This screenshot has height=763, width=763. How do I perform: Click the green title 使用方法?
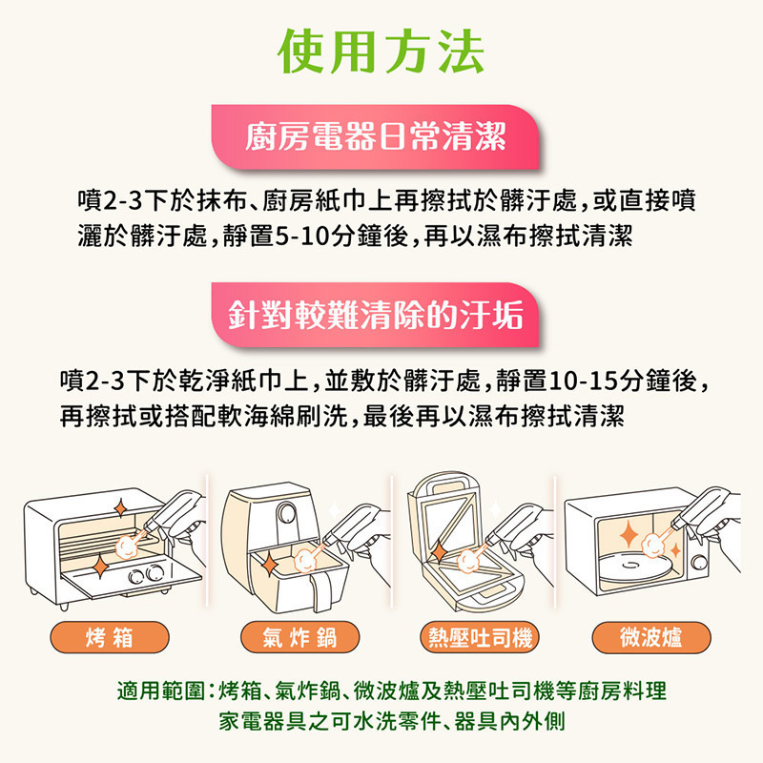[x=381, y=51]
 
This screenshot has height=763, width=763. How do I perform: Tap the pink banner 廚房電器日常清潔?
[x=375, y=136]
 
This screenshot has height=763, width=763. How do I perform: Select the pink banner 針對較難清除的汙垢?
[x=375, y=315]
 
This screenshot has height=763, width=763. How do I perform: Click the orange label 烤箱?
[x=110, y=637]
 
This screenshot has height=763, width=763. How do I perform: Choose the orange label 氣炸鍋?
[x=299, y=637]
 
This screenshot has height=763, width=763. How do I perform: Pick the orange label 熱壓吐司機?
[x=480, y=637]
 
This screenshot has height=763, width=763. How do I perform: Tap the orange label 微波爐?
[x=651, y=637]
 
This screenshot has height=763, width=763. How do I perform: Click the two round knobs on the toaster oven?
[x=146, y=574]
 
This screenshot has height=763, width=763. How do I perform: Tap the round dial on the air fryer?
[x=286, y=513]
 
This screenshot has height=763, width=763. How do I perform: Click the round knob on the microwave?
[x=699, y=563]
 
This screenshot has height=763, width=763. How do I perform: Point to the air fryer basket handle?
[x=321, y=592]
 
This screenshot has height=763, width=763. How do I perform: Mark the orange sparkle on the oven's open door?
[x=101, y=566]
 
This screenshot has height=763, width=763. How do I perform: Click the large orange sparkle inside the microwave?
[x=629, y=534]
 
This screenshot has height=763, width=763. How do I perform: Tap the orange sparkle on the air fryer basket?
[x=268, y=565]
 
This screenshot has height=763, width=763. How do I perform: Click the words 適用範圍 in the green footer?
[x=160, y=691]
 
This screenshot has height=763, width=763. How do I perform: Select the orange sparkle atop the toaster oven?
[x=120, y=508]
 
